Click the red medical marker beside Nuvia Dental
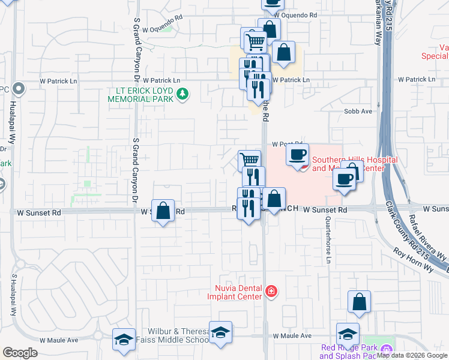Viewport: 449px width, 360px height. point(272,292)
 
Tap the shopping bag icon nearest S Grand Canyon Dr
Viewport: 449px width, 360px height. point(163,211)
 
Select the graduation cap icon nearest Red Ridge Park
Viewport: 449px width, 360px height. point(348,334)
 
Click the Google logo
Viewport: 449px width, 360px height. point(20,353)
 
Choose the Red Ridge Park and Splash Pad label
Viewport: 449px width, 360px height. point(348,352)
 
